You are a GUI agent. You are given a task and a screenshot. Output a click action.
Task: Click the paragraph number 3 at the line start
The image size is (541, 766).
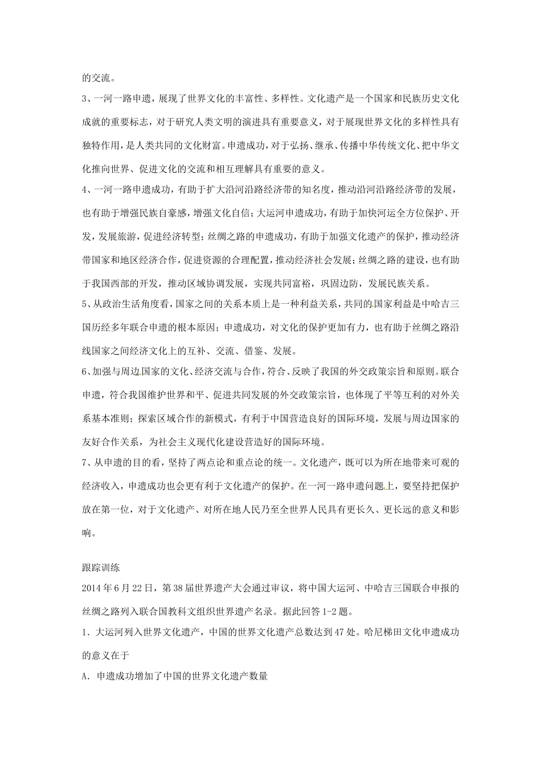[x=85, y=99]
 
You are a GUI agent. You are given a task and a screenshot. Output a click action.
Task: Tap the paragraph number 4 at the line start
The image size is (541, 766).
[x=85, y=191]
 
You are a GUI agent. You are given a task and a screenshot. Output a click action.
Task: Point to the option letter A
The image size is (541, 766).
[x=85, y=675]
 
